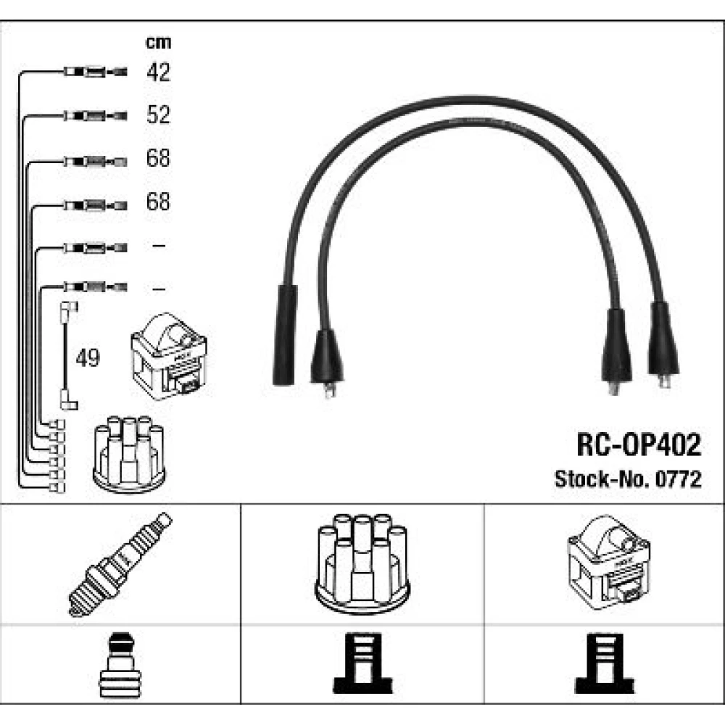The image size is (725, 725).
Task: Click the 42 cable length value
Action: tap(158, 72)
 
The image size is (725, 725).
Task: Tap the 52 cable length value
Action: tap(158, 115)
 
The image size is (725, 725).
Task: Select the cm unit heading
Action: tap(158, 42)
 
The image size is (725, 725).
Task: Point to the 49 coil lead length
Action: tap(88, 357)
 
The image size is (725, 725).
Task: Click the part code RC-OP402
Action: tap(639, 445)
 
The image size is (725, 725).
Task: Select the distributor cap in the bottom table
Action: tap(362, 563)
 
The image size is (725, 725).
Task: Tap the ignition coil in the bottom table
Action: tap(608, 563)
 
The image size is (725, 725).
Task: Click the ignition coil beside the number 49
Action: tap(169, 356)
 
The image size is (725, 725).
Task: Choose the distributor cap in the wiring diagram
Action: tap(129, 454)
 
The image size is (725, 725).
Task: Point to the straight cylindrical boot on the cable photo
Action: tap(284, 335)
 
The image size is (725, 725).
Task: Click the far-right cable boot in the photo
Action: tap(663, 342)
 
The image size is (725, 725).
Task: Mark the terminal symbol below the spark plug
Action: tap(120, 664)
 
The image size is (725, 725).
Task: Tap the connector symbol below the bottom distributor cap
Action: tap(362, 663)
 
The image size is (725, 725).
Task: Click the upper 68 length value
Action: tap(158, 157)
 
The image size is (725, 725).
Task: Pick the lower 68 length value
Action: tap(158, 201)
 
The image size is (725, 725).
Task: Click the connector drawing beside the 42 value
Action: tap(95, 72)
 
